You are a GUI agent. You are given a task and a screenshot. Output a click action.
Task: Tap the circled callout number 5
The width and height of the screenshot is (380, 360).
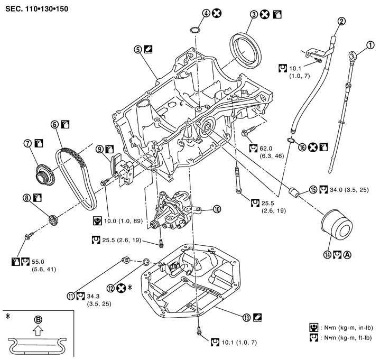pyautogui.click(x=138, y=49)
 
